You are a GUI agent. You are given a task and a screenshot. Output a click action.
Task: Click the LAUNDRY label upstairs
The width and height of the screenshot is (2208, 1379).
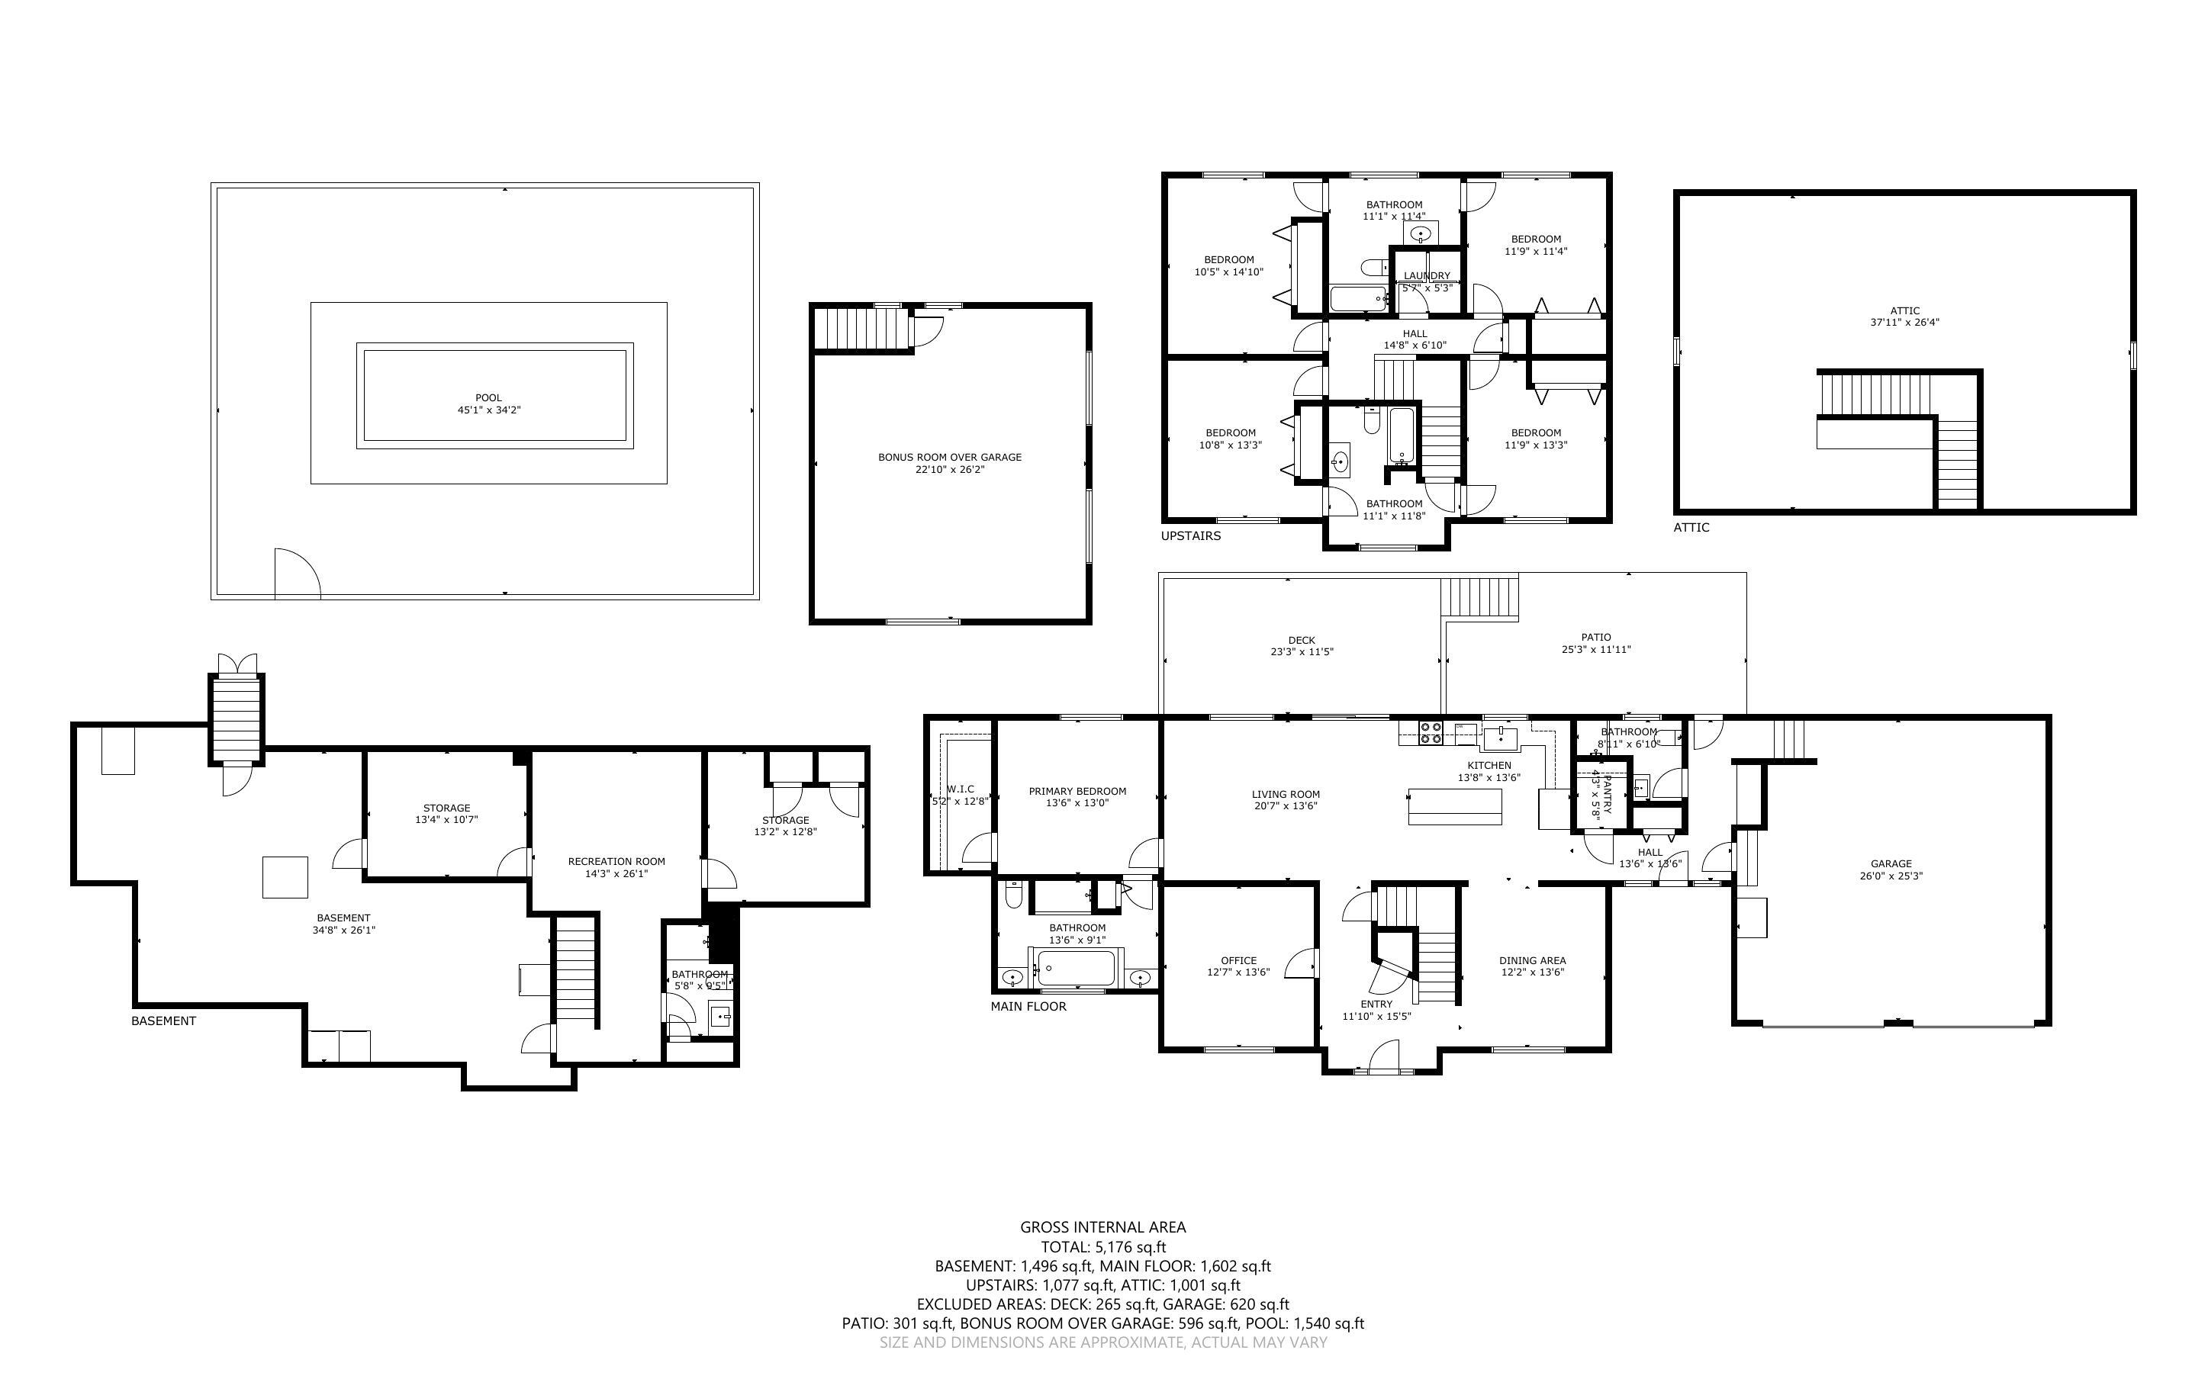click(1427, 276)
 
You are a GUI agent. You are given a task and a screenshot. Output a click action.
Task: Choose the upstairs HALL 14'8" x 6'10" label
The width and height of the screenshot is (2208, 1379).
click(1415, 339)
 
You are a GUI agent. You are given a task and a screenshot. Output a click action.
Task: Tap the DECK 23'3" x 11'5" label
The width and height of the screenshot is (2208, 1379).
click(1302, 646)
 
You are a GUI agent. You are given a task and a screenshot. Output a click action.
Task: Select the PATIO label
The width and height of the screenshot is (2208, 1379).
click(1595, 638)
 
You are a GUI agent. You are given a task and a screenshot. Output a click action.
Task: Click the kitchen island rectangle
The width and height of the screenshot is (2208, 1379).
click(1455, 806)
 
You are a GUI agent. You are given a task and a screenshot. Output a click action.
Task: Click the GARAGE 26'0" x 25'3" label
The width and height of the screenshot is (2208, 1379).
click(1891, 870)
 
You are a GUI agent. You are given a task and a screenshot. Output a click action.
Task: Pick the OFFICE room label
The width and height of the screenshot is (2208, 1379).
click(1238, 960)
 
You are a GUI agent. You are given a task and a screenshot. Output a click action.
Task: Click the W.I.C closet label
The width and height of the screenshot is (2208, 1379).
click(961, 789)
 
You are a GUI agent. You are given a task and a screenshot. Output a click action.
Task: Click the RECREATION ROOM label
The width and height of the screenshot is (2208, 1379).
click(616, 861)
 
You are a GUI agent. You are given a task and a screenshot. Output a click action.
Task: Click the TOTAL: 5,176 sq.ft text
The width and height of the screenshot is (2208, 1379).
click(1102, 1247)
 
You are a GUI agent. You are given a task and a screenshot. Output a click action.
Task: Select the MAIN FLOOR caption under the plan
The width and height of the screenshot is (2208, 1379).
click(1028, 1006)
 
